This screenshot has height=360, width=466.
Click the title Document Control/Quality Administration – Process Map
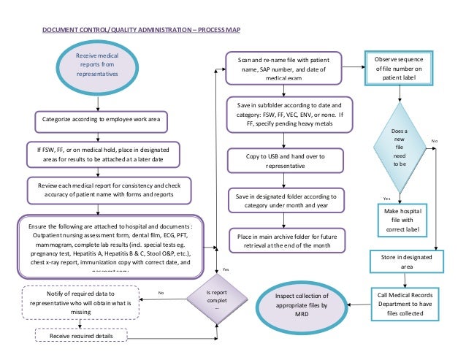(x=140, y=31)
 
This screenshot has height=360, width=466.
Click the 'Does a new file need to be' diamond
(x=399, y=148)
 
